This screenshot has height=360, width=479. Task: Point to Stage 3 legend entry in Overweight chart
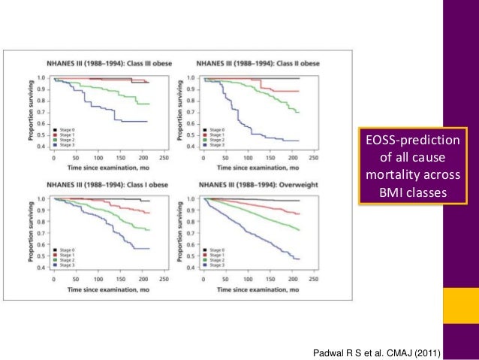point(215,267)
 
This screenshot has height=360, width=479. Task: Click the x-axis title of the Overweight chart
point(256,289)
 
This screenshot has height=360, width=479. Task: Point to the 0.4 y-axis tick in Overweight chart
point(191,268)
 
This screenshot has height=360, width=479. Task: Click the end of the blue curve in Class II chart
point(300,141)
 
